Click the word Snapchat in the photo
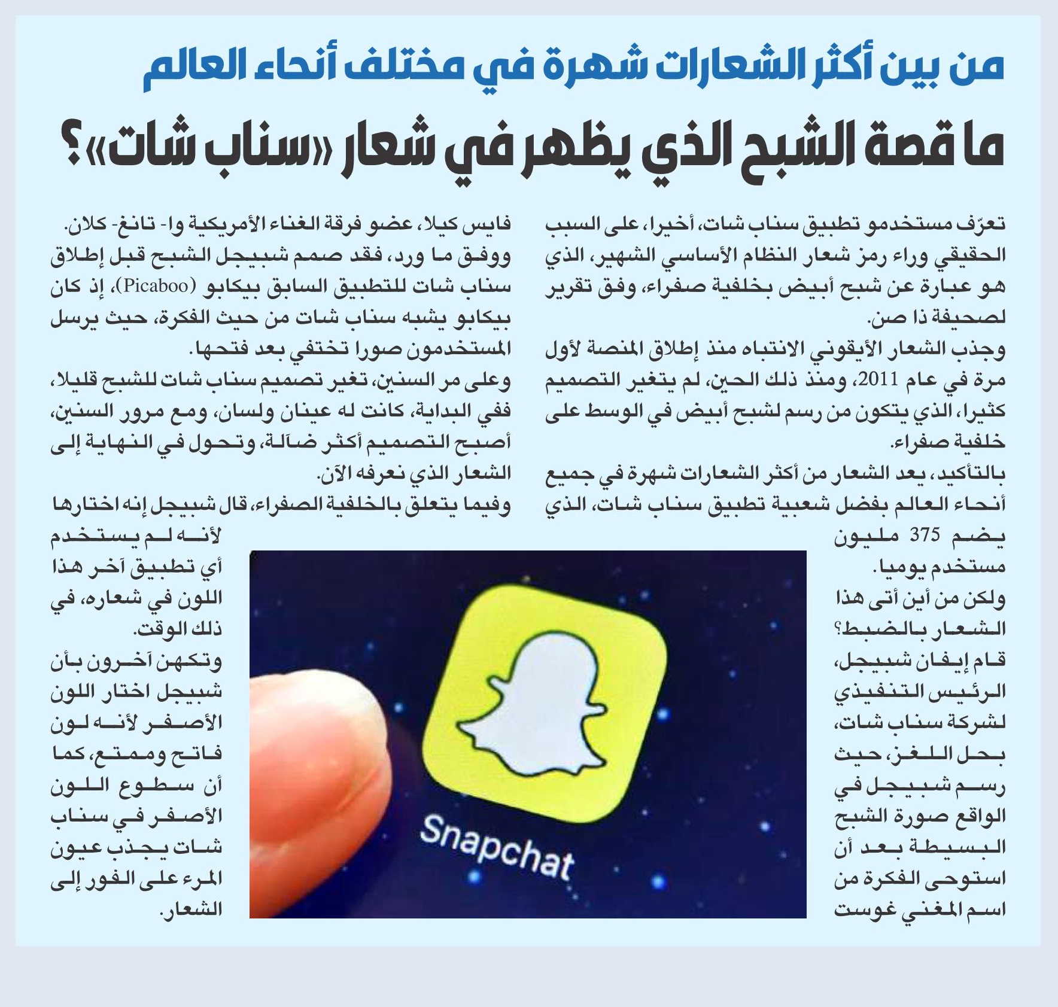[x=497, y=848]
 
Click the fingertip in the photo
[x=323, y=754]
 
